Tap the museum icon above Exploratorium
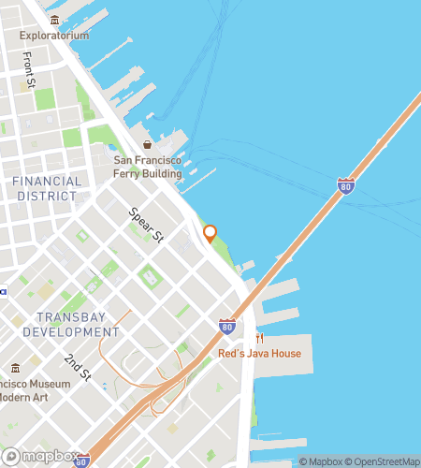point(55,20)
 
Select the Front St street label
point(29,67)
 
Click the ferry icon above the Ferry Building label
point(147,144)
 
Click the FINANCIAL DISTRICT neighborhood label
point(46,187)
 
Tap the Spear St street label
point(147,225)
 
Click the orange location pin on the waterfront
point(210,233)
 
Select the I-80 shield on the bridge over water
point(346,185)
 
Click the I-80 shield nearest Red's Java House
point(227,326)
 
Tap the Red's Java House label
point(259,354)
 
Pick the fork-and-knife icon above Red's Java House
point(259,338)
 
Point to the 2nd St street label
point(79,368)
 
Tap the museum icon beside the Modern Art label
point(16,369)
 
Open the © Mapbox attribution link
point(321,461)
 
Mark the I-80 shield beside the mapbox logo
point(82,461)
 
